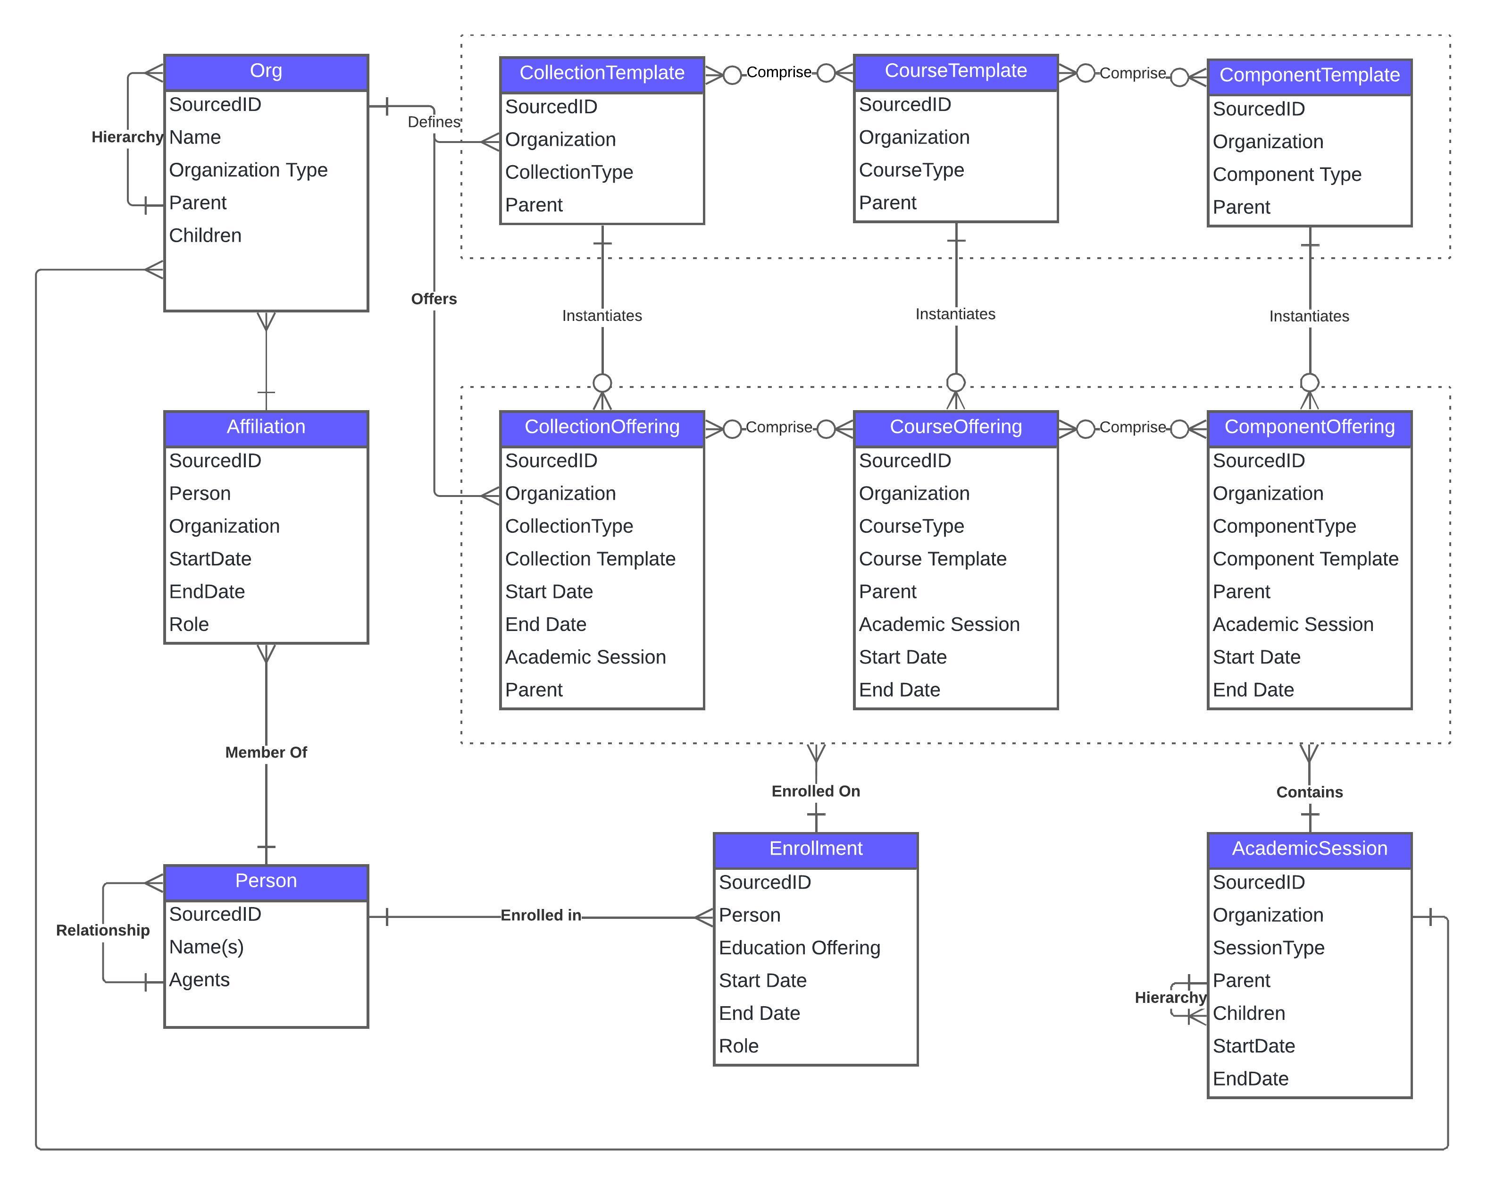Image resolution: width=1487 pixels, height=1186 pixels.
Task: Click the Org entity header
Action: click(x=266, y=72)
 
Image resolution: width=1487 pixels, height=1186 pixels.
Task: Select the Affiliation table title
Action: click(x=266, y=428)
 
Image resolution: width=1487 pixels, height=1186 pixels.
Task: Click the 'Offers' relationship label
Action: click(x=434, y=299)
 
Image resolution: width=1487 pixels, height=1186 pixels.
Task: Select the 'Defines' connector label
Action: click(x=434, y=122)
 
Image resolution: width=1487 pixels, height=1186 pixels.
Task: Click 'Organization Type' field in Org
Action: click(x=248, y=170)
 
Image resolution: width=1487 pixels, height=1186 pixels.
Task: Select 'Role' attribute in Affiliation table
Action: click(x=189, y=624)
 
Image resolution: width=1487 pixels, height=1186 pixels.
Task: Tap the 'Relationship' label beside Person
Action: click(x=103, y=930)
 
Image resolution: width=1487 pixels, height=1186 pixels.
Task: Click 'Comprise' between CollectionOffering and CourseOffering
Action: click(x=779, y=427)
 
